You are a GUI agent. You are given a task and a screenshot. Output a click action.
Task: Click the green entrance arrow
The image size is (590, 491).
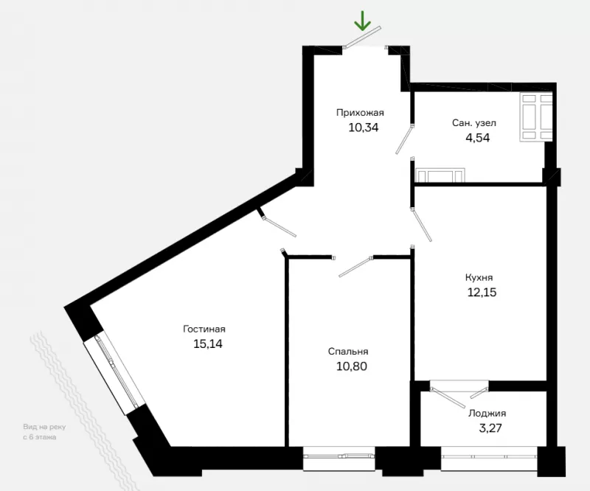363,21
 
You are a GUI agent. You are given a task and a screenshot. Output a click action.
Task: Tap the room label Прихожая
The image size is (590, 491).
360,113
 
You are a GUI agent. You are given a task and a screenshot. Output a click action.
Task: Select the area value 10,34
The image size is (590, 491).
364,128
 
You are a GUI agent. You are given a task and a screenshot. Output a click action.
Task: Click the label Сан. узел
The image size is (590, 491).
474,123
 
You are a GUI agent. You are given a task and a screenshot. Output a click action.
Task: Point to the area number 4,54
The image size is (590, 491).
478,138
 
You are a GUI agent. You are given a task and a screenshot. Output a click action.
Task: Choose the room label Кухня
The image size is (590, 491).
479,278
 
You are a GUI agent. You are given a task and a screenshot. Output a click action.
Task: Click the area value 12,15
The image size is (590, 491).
482,292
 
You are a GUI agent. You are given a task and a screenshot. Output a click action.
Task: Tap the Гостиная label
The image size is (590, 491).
204,330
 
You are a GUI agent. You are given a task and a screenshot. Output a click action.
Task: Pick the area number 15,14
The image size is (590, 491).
208,344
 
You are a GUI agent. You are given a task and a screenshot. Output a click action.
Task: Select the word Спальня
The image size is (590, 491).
348,352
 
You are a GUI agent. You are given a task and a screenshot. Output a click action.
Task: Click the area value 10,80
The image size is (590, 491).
352,366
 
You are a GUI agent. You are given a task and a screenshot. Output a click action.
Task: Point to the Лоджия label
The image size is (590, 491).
487,414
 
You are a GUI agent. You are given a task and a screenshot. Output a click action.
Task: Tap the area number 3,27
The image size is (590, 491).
490,428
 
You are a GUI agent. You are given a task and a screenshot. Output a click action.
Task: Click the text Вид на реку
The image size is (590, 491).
44,427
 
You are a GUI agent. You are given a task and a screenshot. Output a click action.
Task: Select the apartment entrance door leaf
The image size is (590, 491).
363,37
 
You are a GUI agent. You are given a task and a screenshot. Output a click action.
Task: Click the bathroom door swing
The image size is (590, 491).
404,139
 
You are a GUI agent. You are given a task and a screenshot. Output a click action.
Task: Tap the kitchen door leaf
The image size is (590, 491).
422,225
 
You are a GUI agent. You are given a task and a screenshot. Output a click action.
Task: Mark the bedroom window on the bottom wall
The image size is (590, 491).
339,457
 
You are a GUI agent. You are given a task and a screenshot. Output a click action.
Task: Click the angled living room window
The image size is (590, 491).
114,374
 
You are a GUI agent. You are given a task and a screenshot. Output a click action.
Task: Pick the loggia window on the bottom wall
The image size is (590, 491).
489,458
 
